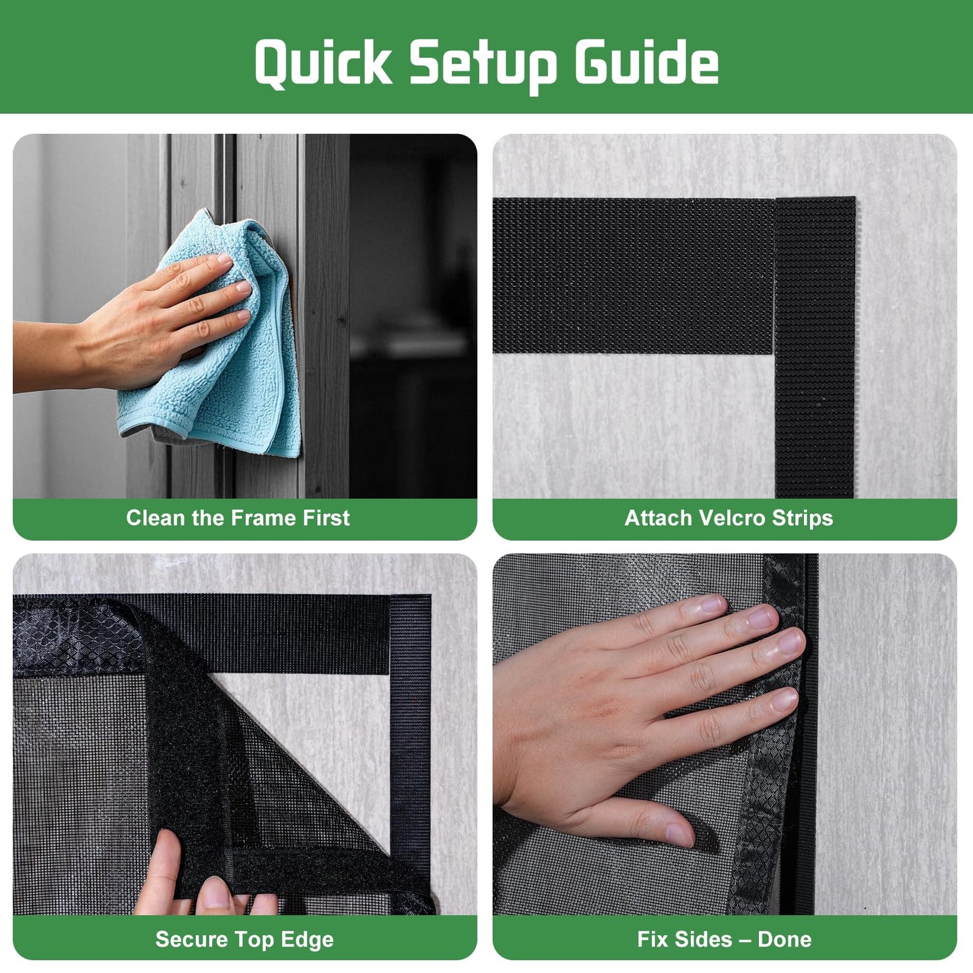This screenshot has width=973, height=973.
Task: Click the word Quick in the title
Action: [x=323, y=63]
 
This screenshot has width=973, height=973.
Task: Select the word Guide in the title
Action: [x=646, y=63]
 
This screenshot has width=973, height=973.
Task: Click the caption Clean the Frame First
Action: [x=238, y=518]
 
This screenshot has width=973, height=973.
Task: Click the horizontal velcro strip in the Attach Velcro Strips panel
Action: [x=633, y=276]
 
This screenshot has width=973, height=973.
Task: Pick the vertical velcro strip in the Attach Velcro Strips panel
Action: [x=815, y=404]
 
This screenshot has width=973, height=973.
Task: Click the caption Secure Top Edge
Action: [x=244, y=939]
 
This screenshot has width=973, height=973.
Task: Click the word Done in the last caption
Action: [x=784, y=939]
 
